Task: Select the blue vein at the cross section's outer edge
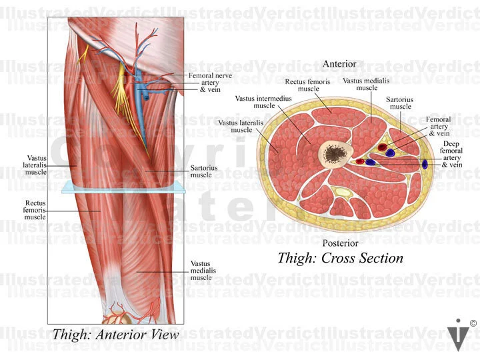point(425,163)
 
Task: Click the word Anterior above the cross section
point(339,64)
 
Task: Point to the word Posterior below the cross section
point(340,243)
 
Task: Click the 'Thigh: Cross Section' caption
point(340,258)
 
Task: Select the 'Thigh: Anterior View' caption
point(115,335)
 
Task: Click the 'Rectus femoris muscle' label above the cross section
point(305,85)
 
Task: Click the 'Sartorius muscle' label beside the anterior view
point(201,171)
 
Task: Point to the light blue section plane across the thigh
point(123,189)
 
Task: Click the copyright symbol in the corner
point(473,324)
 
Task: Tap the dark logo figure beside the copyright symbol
point(457,335)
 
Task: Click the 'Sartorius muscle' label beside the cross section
point(400,103)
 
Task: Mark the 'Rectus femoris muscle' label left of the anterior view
point(35,209)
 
